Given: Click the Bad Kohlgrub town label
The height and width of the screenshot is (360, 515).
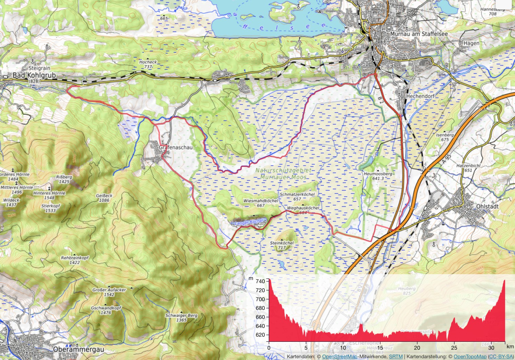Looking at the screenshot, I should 34,76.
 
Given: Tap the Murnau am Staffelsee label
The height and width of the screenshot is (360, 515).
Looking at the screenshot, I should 419,34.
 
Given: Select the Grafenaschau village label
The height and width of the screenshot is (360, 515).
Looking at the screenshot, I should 176,147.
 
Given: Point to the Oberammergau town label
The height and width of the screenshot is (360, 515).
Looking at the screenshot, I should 78,349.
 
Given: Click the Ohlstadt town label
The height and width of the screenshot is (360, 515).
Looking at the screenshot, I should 487,207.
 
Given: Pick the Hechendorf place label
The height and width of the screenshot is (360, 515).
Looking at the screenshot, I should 420,96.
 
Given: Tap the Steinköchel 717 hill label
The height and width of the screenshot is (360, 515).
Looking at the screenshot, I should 282,245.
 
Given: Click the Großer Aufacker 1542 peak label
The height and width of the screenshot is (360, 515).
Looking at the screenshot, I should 109,292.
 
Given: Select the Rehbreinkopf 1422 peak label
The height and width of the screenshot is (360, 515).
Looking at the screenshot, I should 75,260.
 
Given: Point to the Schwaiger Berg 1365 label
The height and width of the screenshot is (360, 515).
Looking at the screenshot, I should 181,317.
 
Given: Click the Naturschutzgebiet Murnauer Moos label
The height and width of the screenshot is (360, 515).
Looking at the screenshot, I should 283,174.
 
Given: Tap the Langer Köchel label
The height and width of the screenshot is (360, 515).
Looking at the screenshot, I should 249,222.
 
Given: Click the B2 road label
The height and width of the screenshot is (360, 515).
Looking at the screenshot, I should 380,100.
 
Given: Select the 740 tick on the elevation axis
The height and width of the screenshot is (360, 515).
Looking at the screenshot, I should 260,281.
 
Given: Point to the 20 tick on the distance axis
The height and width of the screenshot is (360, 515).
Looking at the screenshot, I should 417,348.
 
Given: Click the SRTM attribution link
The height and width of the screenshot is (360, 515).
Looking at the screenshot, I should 396,357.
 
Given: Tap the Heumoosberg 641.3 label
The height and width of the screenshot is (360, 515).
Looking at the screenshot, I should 378,176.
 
